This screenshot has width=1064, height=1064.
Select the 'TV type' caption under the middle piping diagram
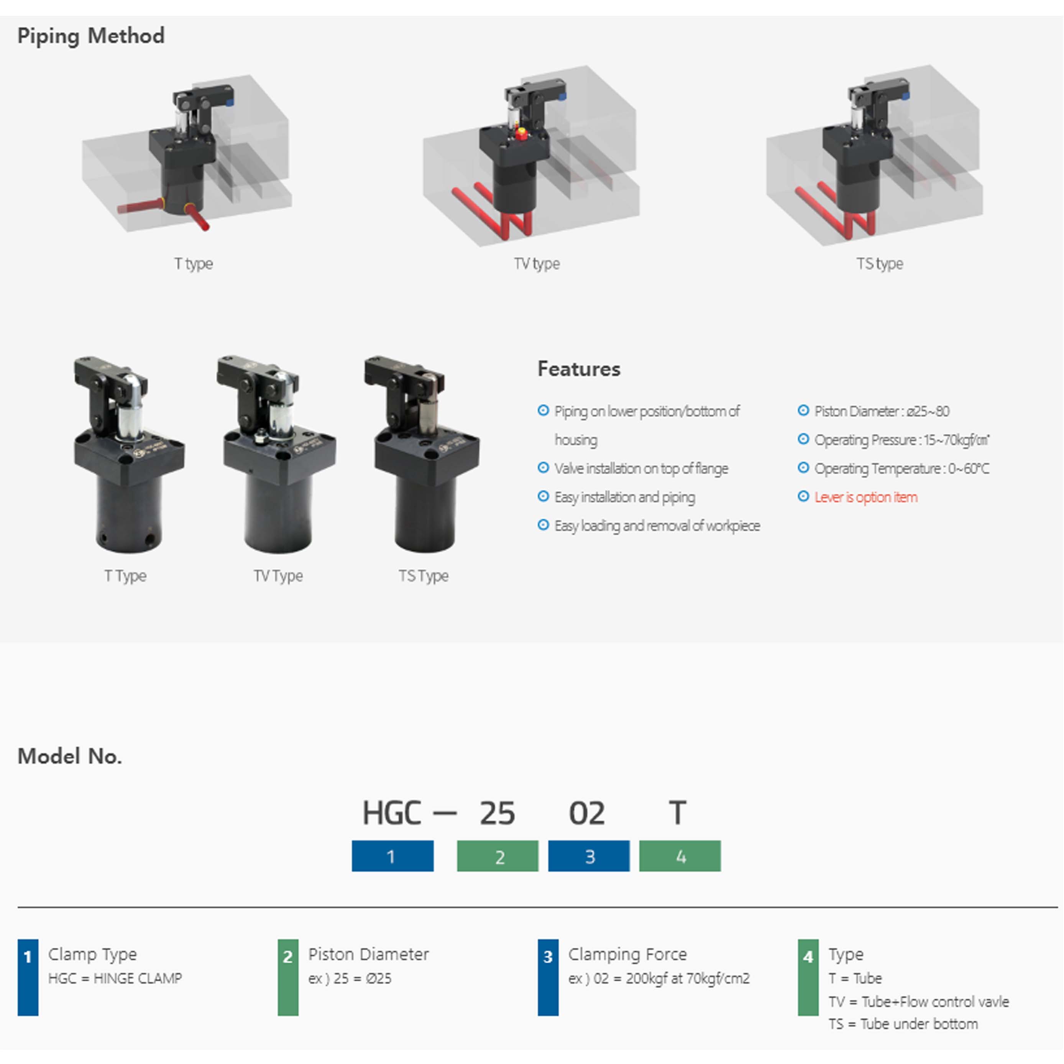[537, 264]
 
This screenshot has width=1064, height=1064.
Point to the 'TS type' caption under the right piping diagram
[880, 264]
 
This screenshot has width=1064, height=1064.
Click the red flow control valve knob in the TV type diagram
[521, 134]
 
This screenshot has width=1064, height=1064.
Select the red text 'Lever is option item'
[866, 497]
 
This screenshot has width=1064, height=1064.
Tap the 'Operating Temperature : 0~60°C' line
[901, 469]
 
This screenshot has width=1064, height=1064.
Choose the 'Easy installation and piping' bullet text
[624, 497]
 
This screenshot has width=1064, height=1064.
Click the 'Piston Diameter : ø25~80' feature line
[882, 411]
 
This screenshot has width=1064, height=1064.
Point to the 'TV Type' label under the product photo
[278, 576]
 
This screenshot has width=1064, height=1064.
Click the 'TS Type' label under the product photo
[424, 576]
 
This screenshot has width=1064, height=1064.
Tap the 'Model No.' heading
[69, 757]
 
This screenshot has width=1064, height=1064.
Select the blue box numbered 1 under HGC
[392, 856]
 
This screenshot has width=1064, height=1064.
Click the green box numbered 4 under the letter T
[680, 856]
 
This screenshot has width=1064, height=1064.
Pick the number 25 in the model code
[497, 813]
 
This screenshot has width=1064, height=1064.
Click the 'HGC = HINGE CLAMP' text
[115, 978]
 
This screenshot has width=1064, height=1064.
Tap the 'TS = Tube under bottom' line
[903, 1024]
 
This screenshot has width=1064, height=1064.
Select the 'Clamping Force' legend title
[627, 954]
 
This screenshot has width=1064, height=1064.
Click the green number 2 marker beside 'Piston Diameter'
[288, 977]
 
